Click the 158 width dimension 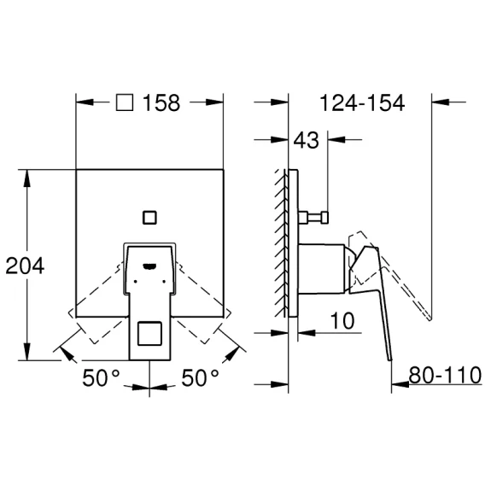pyautogui.click(x=161, y=102)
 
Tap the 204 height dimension pyautogui.click(x=25, y=266)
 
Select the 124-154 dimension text pyautogui.click(x=362, y=102)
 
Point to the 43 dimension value pyautogui.click(x=306, y=140)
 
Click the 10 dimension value pyautogui.click(x=342, y=320)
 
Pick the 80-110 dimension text pyautogui.click(x=445, y=375)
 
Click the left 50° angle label pyautogui.click(x=101, y=377)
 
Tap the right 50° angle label pyautogui.click(x=200, y=377)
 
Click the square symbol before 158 pyautogui.click(x=125, y=102)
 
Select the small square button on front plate pyautogui.click(x=149, y=218)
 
